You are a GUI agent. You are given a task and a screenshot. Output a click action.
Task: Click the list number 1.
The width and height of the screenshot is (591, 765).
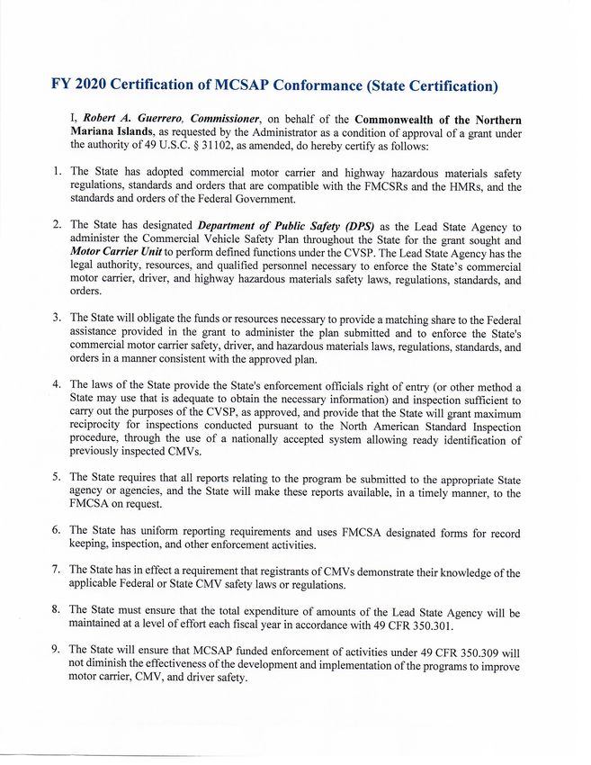click(56, 170)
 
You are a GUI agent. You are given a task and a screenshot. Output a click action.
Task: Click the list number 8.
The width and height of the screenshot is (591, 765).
click(56, 611)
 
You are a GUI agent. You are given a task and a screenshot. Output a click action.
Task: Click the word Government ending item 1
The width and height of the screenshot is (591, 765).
click(248, 199)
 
